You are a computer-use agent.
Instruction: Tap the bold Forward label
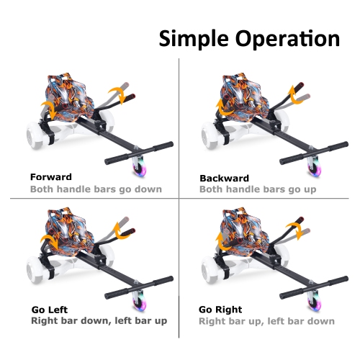click(x=51, y=176)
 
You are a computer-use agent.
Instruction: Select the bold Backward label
click(x=224, y=177)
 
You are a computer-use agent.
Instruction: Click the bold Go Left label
click(x=50, y=309)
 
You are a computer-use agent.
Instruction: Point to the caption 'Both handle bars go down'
click(x=95, y=189)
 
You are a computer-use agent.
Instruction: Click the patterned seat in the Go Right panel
click(x=234, y=227)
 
